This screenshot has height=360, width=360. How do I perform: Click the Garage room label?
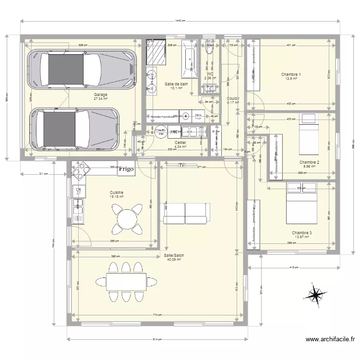(100, 95)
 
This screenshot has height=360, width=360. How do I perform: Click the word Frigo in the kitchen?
(128, 169)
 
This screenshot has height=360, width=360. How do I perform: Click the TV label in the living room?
(181, 165)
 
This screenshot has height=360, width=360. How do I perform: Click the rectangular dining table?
(126, 282)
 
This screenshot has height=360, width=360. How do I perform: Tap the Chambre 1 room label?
(291, 74)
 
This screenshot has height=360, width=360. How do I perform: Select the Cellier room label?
(180, 143)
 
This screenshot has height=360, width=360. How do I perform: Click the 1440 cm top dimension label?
(180, 21)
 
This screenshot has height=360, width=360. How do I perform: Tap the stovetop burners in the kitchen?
(81, 170)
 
